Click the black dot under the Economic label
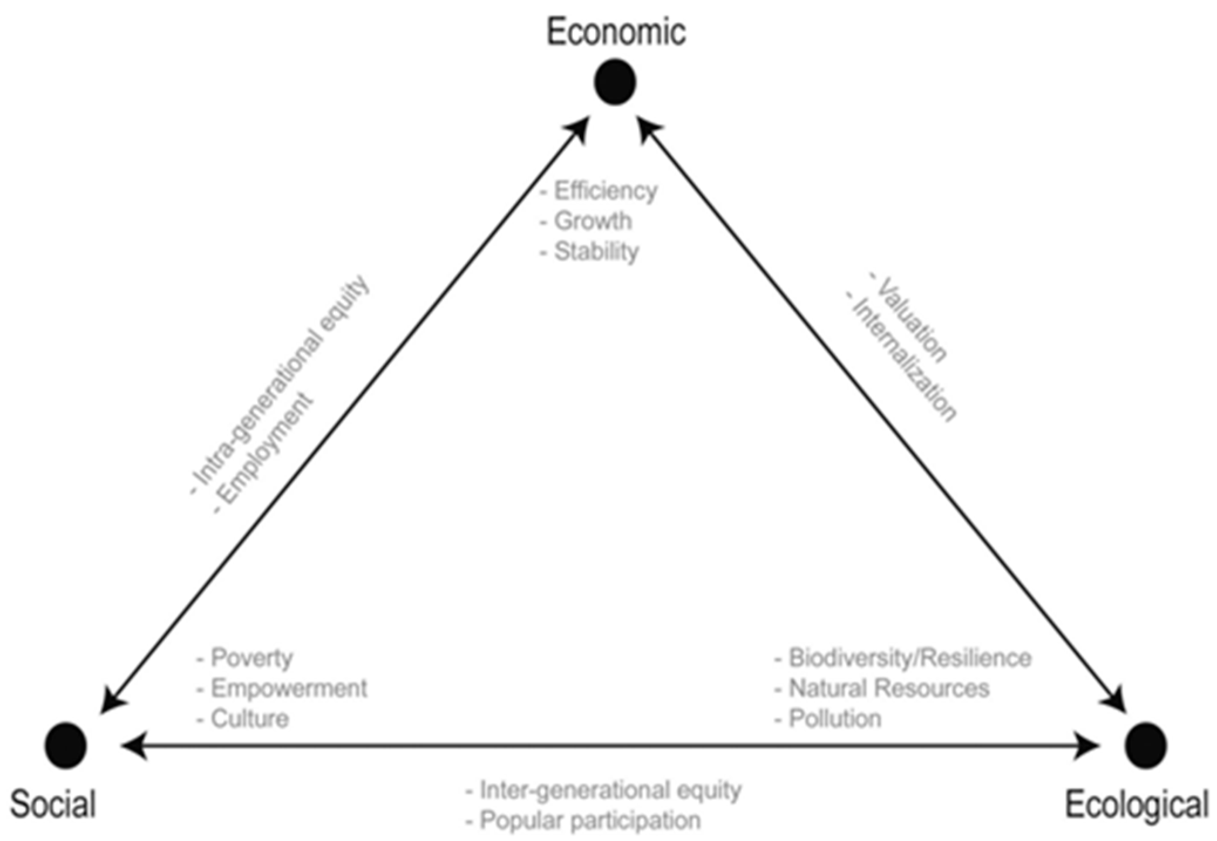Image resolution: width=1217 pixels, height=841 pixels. click(615, 82)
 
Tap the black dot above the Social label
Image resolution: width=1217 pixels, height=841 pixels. click(66, 745)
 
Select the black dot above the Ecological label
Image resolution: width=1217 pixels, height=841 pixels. click(1145, 745)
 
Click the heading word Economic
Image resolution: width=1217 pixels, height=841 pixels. click(616, 32)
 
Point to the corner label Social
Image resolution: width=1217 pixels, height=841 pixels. click(53, 804)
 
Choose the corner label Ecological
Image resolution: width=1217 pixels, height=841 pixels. click(1137, 804)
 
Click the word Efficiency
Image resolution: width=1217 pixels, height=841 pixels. click(606, 191)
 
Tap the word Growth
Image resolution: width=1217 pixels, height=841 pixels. click(593, 222)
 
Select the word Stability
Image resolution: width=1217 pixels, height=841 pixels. click(596, 252)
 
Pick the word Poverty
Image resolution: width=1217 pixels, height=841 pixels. click(251, 658)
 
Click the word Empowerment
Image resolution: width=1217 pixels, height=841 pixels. click(289, 688)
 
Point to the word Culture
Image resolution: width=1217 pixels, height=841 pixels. click(250, 719)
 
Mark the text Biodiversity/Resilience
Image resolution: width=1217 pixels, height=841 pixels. click(910, 658)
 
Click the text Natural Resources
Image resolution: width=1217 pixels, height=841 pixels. click(889, 688)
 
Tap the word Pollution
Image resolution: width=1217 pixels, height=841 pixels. click(835, 719)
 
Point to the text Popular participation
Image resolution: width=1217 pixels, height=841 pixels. click(590, 820)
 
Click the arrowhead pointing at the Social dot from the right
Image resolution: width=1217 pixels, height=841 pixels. click(132, 745)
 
